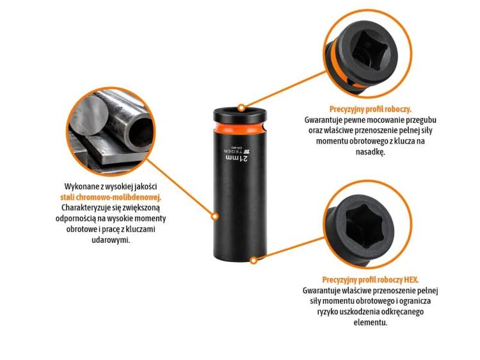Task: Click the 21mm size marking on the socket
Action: point(237,158)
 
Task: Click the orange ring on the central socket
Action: point(240,127)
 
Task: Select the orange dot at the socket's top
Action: point(241,108)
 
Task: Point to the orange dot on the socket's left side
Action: point(215,217)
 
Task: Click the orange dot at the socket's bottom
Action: point(253,261)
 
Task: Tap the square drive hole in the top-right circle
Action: point(371,49)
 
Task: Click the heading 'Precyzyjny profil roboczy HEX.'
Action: point(371,280)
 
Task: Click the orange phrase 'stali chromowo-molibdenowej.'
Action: point(111,197)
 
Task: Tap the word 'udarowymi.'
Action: point(111,240)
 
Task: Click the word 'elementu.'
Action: point(371,322)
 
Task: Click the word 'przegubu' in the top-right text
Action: point(422,120)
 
